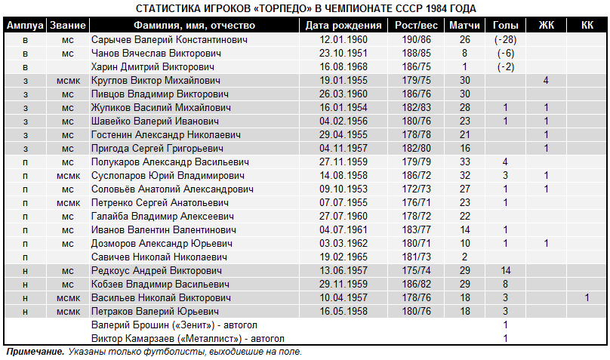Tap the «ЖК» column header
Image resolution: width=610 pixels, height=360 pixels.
pos(546,26)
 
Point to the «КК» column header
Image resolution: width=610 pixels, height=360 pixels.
pos(587,26)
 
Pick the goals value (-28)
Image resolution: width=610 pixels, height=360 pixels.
pos(505,39)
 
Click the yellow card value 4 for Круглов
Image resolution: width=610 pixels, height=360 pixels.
pos(546,80)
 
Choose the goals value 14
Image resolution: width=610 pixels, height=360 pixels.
pos(505,270)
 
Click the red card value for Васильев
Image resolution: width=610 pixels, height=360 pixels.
pos(587,297)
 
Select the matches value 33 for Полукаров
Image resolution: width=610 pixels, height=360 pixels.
pos(465,162)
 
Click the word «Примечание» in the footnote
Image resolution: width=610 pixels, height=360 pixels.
pos(34,352)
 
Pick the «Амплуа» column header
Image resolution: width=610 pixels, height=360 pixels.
pos(25,26)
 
